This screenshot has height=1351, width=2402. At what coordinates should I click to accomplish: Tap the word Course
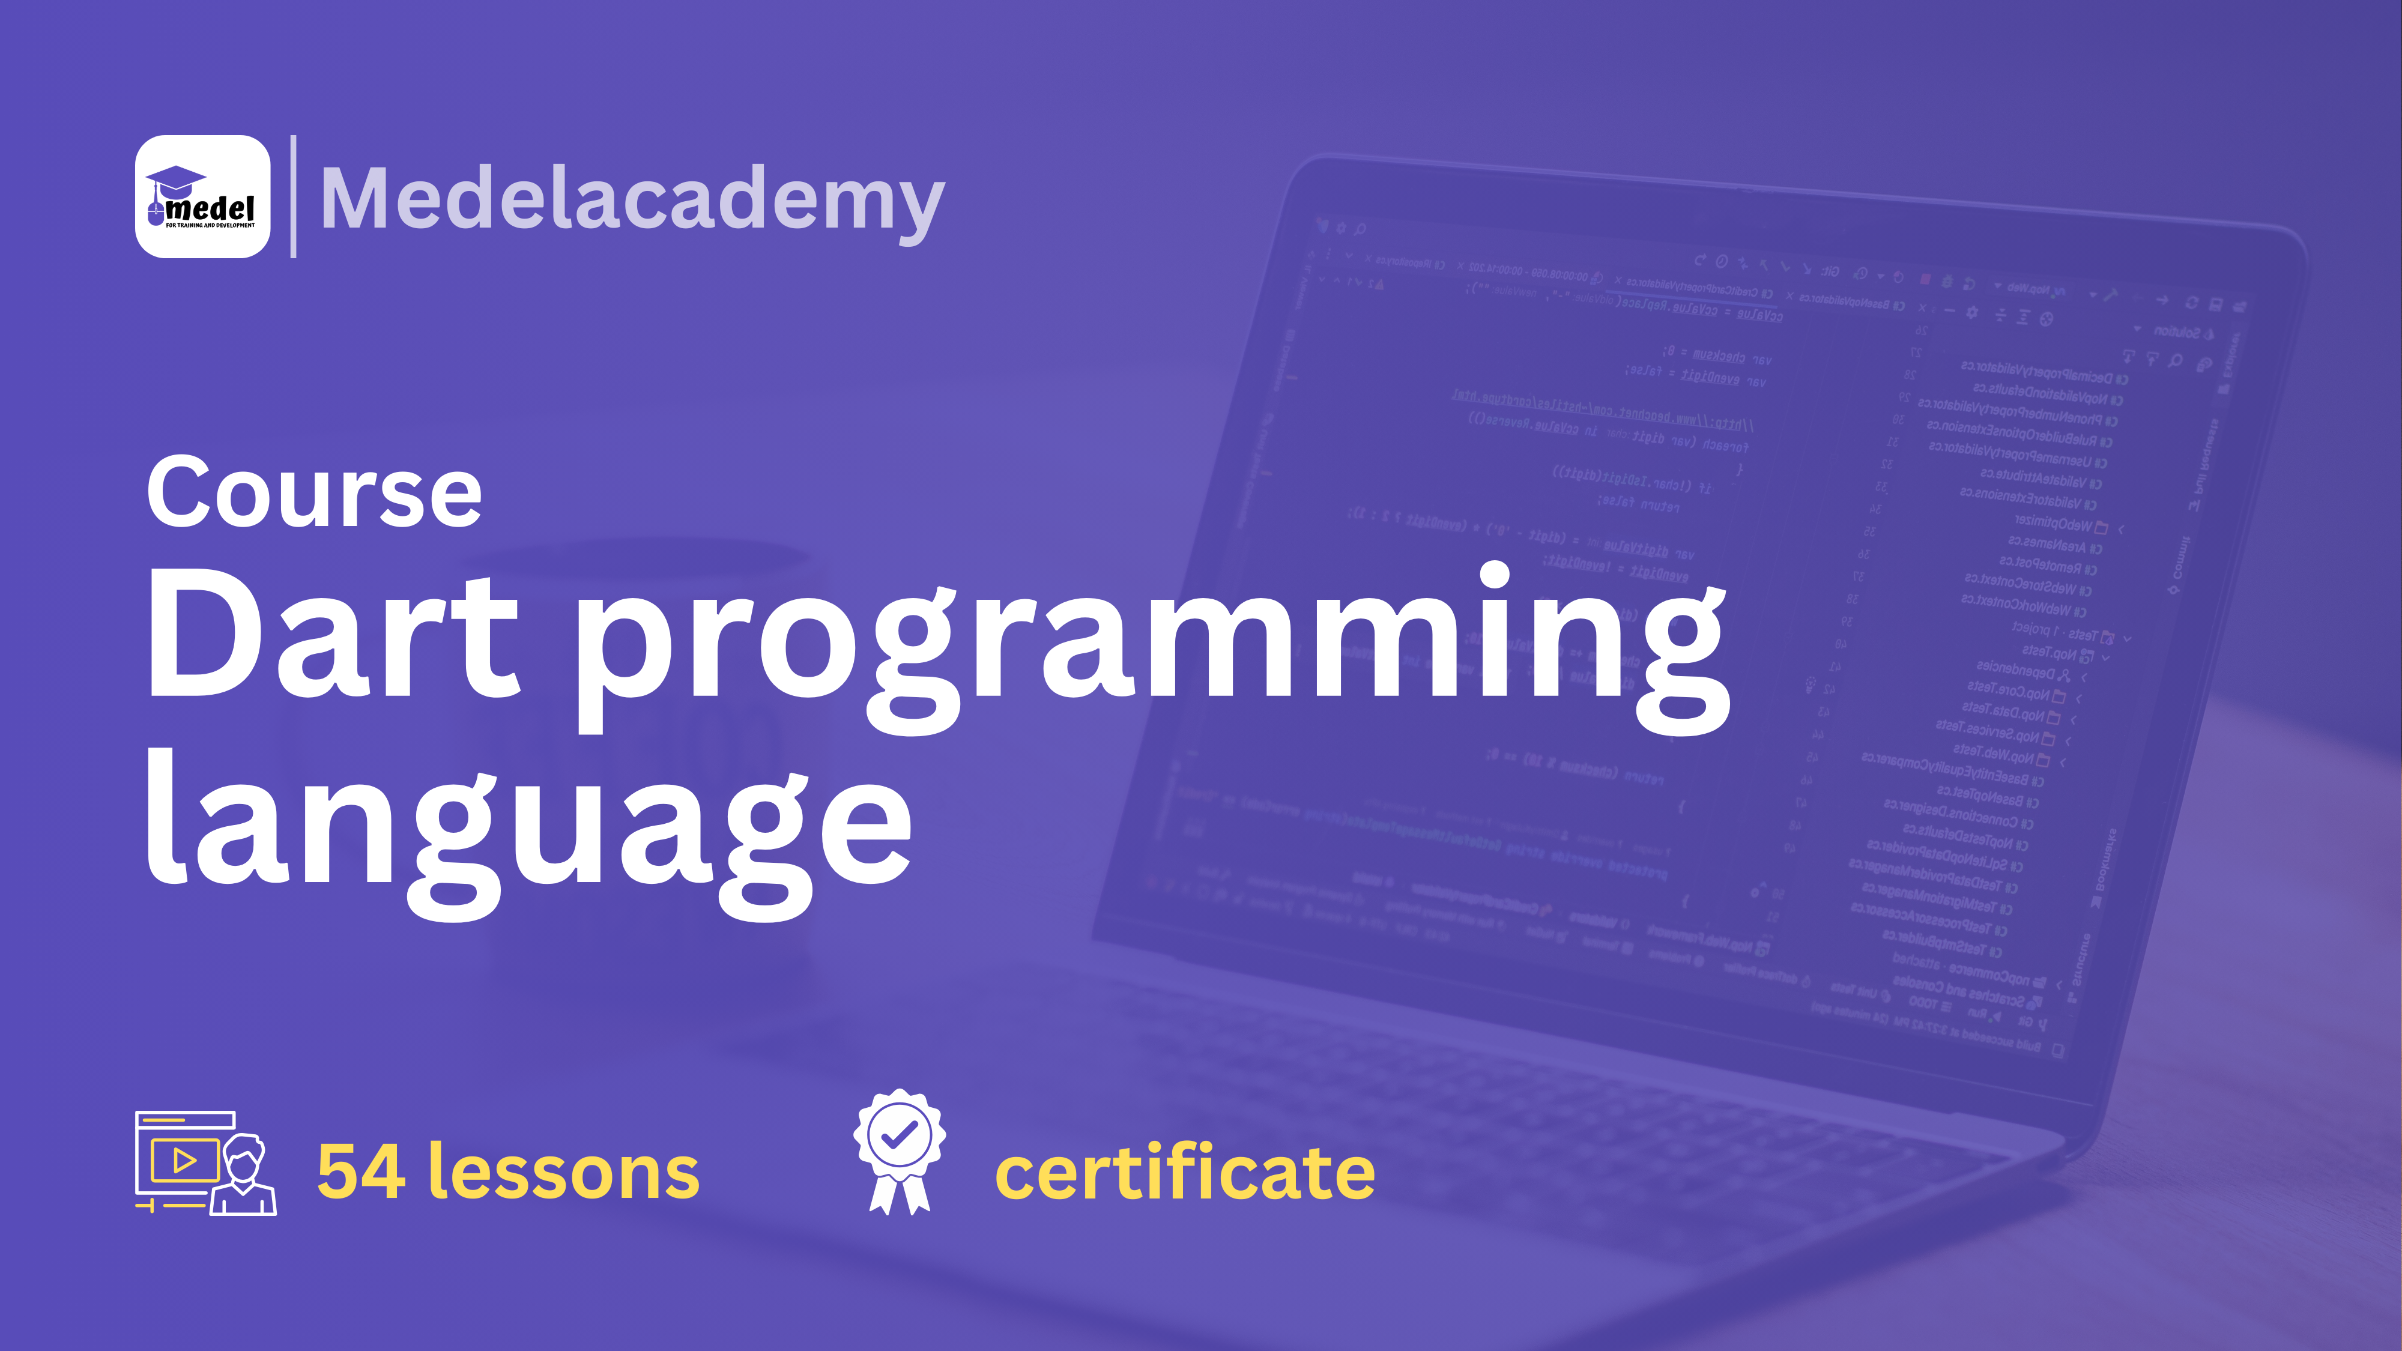click(x=314, y=493)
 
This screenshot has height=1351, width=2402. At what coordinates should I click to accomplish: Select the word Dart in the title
click(x=332, y=634)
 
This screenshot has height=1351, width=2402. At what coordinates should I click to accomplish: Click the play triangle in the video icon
click(x=184, y=1160)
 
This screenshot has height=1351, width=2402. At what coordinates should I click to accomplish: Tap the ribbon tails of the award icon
click(x=899, y=1194)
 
